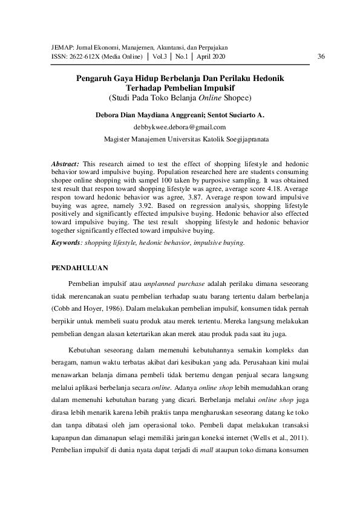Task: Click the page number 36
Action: [321, 56]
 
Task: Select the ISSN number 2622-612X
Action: [70, 56]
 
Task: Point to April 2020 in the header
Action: [211, 56]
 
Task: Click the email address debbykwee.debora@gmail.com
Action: [179, 127]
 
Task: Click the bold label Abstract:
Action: [65, 164]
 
